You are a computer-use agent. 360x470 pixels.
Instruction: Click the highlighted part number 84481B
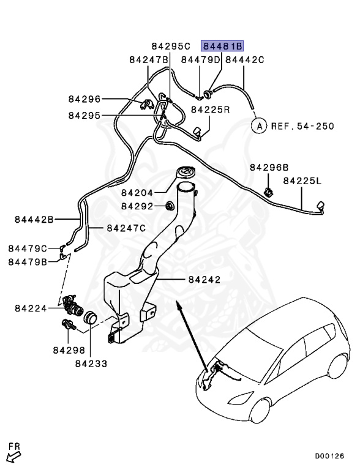[x=223, y=46]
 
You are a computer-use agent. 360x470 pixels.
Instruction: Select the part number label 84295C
[x=171, y=46]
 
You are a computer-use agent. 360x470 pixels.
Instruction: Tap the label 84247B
[x=149, y=59]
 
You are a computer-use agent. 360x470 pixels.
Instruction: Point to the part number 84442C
[x=245, y=59]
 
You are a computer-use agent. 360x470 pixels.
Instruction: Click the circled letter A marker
[x=259, y=126]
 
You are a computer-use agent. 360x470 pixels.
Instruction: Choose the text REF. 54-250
[x=302, y=127]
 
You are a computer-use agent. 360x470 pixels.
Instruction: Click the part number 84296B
[x=269, y=167]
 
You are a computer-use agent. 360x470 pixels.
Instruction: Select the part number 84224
[x=31, y=308]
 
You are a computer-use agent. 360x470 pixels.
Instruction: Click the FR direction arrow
[x=12, y=455]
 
